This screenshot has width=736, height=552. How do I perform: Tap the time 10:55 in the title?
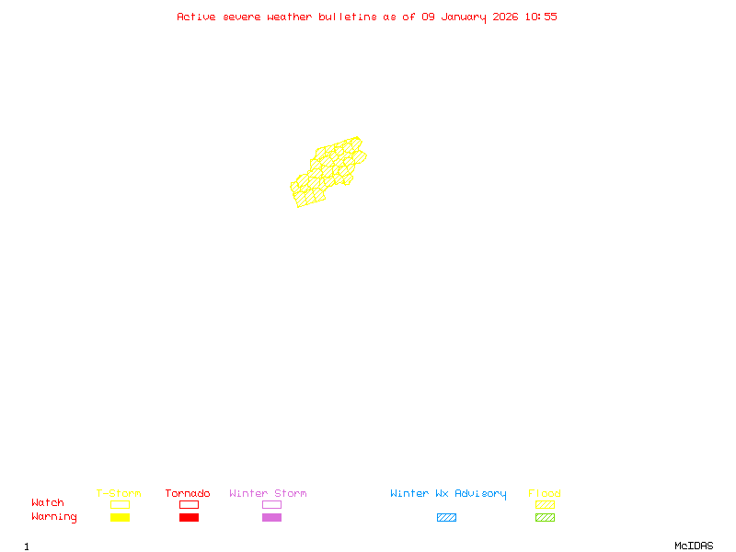(x=541, y=17)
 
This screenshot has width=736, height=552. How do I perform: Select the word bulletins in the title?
(x=348, y=17)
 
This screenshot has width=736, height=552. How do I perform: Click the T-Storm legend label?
(x=119, y=494)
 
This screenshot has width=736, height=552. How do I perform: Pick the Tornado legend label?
(x=188, y=494)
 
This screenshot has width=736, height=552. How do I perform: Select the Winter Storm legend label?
(x=268, y=494)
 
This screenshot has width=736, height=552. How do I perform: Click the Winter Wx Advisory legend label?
(x=448, y=494)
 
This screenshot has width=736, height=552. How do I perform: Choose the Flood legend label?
(x=545, y=494)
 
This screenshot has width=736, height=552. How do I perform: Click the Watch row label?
(x=48, y=503)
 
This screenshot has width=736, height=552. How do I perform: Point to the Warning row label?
(x=54, y=517)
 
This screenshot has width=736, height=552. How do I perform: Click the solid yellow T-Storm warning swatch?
(x=120, y=518)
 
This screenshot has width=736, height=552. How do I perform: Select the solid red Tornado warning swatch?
(x=189, y=518)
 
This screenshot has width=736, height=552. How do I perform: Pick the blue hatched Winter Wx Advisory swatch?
(x=446, y=518)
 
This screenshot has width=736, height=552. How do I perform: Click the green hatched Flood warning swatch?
(x=545, y=518)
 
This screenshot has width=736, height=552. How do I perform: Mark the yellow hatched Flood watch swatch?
(x=545, y=504)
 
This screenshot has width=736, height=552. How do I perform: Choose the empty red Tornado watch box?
(x=189, y=504)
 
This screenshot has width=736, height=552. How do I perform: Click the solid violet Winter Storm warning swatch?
(x=271, y=518)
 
